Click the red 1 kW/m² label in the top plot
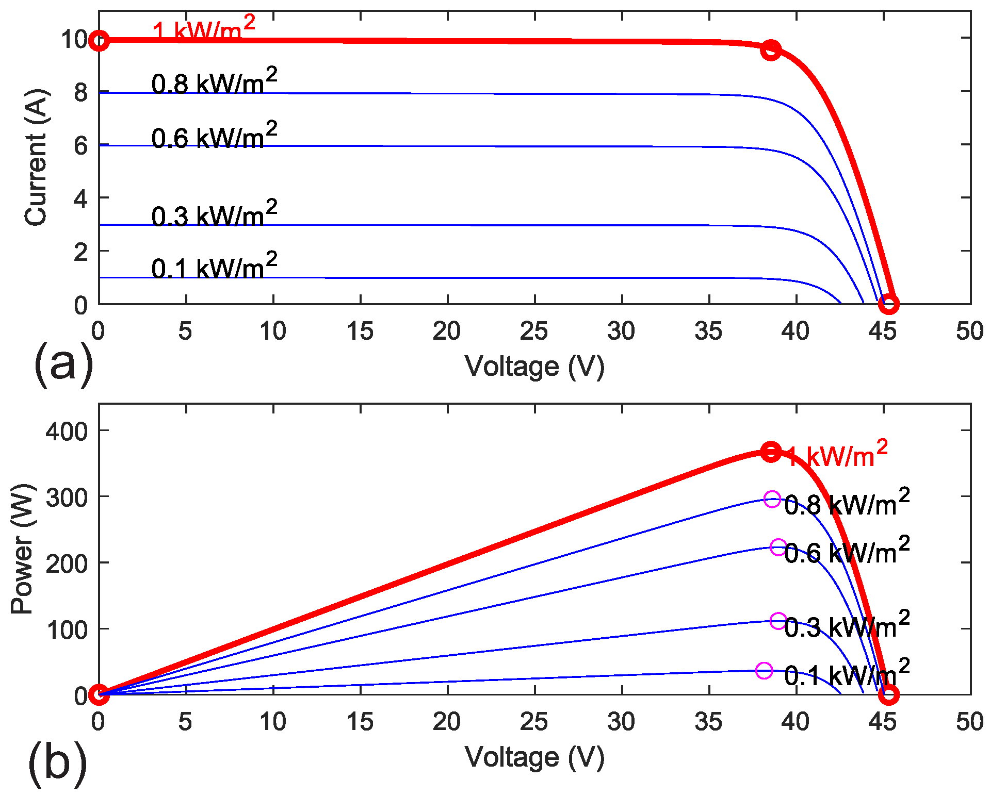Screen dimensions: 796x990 [203, 29]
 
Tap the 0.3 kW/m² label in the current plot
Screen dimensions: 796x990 [214, 214]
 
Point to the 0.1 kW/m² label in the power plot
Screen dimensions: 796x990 [847, 673]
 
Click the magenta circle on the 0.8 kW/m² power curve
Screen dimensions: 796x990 [772, 499]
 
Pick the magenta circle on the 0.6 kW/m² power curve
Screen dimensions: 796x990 [778, 547]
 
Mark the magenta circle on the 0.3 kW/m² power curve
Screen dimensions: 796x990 [778, 621]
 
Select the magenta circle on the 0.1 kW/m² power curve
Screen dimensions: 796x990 [764, 671]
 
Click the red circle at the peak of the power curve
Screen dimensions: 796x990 [771, 452]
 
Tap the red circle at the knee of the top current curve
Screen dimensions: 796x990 [771, 50]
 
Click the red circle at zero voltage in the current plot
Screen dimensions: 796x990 [99, 41]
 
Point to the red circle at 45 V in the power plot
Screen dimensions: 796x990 [888, 695]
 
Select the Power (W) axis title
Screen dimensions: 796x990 [22, 549]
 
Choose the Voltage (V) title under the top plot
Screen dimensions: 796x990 [534, 367]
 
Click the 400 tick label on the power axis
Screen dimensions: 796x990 [67, 431]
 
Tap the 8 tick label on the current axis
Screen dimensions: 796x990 [81, 93]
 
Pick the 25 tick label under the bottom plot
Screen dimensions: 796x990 [534, 722]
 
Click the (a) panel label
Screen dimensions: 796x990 [63, 364]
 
